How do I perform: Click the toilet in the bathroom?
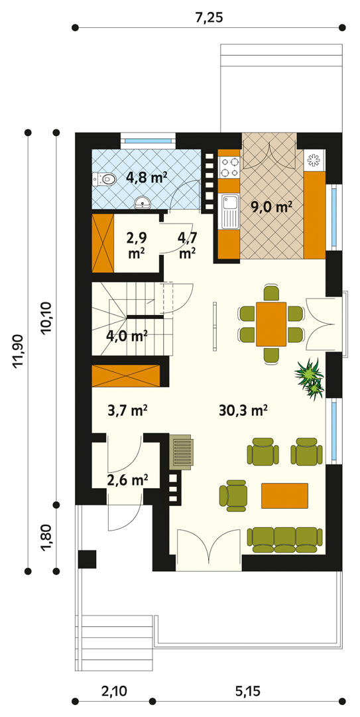[103, 179]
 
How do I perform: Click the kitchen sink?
[229, 211]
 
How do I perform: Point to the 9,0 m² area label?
[271, 208]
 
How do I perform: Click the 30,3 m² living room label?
[243, 410]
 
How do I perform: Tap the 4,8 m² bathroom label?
[147, 178]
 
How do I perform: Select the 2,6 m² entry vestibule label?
[127, 480]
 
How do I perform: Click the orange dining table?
[271, 324]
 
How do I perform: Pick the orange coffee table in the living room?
[284, 495]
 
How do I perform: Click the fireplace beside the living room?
[182, 451]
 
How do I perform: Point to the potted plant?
[310, 377]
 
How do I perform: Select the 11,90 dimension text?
[18, 351]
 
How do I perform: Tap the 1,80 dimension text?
[46, 538]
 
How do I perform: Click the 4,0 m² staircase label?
[127, 336]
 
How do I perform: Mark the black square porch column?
[87, 558]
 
